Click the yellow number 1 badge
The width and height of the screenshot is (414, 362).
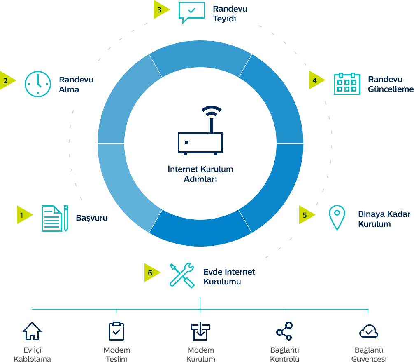25,215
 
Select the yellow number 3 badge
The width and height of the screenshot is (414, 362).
162,9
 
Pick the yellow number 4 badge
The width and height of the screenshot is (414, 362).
317,80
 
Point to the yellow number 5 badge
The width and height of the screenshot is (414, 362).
307,215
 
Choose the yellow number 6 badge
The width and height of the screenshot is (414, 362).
152,273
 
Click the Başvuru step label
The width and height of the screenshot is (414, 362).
93,218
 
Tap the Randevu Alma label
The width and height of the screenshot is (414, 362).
75,85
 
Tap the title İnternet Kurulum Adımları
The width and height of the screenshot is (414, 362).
200,174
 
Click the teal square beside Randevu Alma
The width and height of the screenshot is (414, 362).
38,84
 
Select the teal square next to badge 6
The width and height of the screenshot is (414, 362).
181,275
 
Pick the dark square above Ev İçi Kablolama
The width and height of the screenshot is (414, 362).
32,331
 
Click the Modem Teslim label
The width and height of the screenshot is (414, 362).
117,354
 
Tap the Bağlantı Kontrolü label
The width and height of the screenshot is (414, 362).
284,354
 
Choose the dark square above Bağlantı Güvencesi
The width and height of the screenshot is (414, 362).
368,331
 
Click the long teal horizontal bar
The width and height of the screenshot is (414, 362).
200,305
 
